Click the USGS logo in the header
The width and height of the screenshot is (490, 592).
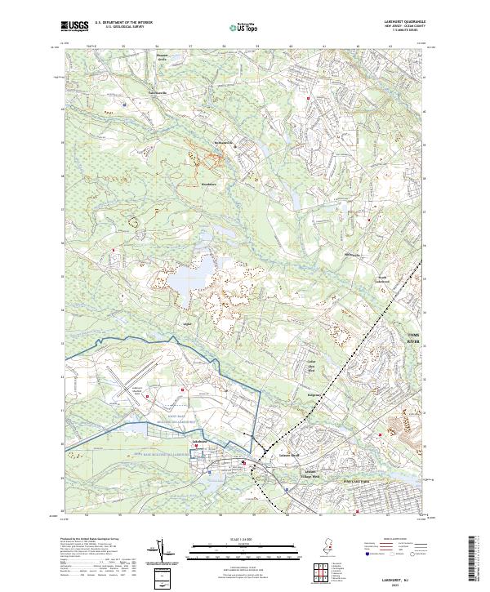[x=75, y=26]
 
